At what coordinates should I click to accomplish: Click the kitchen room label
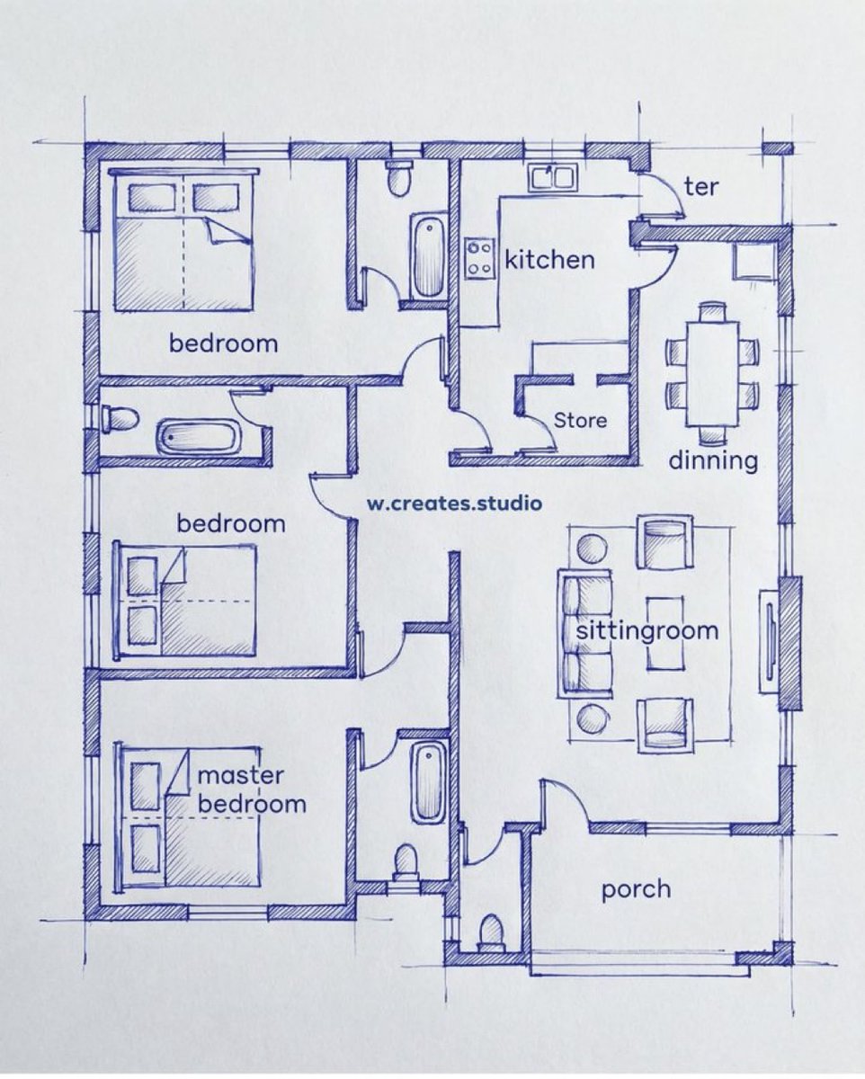549,260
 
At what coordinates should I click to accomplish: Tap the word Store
580,420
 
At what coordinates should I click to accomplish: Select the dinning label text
713,460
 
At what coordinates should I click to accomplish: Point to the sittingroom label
647,630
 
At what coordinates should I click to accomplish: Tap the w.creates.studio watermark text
454,503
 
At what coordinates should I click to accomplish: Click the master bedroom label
251,789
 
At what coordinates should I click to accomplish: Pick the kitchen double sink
552,176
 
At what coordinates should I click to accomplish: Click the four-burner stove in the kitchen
479,259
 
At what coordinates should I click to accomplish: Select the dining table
712,373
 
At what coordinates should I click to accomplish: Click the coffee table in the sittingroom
664,633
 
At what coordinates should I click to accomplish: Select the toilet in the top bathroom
398,175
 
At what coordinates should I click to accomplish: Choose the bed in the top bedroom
183,240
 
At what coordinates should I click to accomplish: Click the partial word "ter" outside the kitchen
701,187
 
